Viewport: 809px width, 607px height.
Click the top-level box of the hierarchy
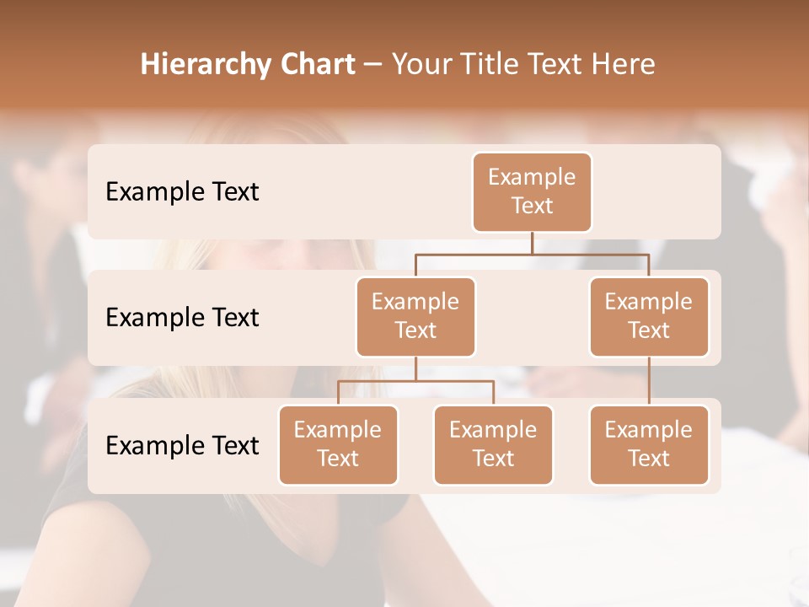coord(532,191)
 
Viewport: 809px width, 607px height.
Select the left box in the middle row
coord(415,316)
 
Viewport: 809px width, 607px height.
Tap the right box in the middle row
coord(649,316)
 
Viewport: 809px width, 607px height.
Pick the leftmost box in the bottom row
coord(338,444)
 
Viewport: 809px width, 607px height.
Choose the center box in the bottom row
coord(493,444)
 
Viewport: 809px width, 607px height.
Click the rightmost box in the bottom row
coord(649,444)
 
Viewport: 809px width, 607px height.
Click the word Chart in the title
coord(315,64)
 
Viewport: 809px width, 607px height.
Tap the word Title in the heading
coord(493,64)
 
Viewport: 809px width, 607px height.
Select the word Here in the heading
coord(624,64)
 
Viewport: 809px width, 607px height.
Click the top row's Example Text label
coord(182,191)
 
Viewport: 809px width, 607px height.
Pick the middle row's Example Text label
coord(182,317)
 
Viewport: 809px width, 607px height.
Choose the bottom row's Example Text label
coord(182,445)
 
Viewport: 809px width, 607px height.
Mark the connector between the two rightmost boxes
coord(649,381)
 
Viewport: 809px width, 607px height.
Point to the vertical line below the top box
coord(532,243)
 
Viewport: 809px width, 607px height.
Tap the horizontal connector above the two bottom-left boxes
coord(415,381)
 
